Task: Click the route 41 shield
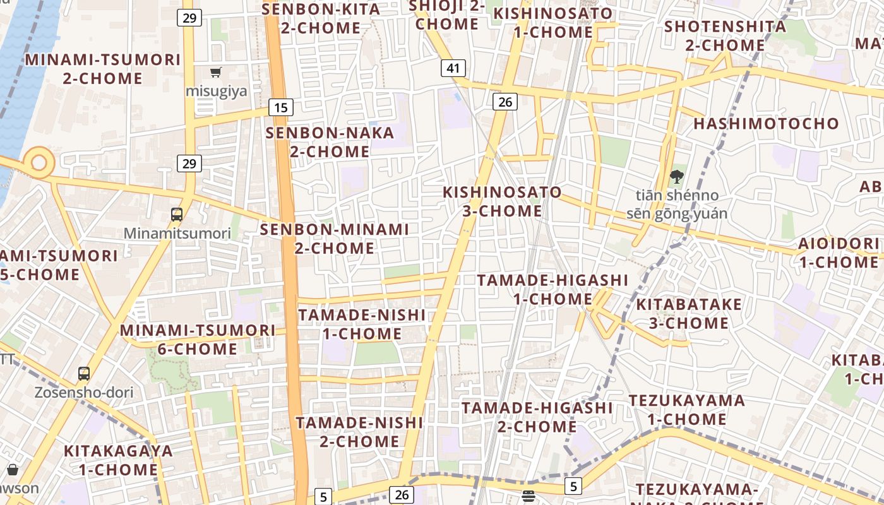coord(453,68)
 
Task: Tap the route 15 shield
coord(281,107)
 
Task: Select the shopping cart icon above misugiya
coord(216,72)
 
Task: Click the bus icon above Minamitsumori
coord(177,214)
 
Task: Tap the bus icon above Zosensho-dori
coord(84,373)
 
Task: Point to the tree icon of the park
coord(677,177)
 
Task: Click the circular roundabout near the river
coord(39,162)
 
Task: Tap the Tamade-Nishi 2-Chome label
coord(359,432)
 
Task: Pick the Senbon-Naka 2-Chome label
coord(330,142)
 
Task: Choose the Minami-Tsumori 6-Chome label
coord(198,340)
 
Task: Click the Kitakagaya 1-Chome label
coord(118,460)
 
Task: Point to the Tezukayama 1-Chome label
coord(686,410)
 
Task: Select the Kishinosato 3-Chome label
coord(502,201)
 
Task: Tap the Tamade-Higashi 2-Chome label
coord(537,417)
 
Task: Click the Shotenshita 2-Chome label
coord(725,36)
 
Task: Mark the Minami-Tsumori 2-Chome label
coord(102,69)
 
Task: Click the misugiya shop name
coord(216,92)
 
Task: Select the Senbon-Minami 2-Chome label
coord(335,239)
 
